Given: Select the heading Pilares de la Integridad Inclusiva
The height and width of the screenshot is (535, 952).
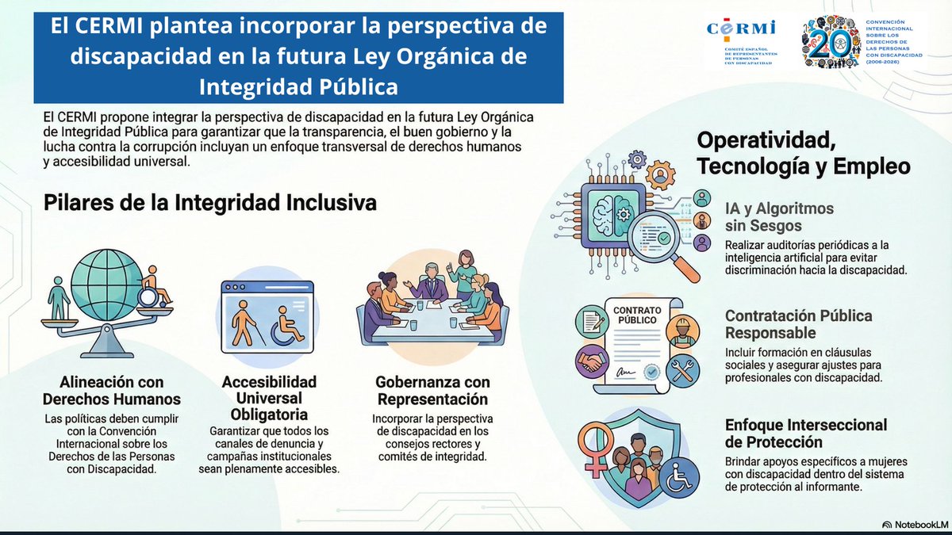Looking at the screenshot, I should [209, 203].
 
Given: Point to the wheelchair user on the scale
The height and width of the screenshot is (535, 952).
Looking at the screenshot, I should [156, 289].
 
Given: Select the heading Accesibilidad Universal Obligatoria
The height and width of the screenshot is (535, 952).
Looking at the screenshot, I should [269, 399].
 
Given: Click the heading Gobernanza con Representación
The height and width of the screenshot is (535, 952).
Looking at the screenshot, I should [432, 391].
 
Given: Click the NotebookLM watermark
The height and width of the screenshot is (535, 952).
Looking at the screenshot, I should [915, 525].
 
